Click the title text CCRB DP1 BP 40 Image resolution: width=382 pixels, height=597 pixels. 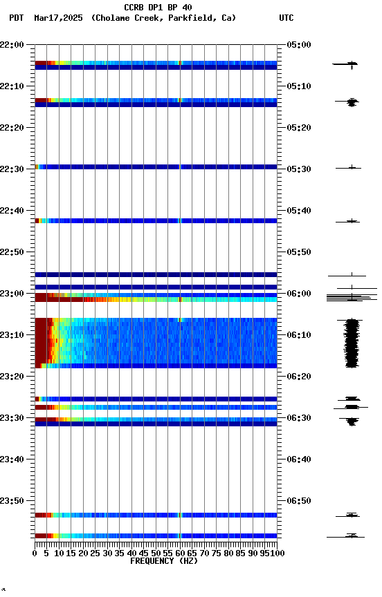tap(158, 8)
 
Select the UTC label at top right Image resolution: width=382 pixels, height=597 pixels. tap(286, 18)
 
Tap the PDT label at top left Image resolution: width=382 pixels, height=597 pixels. tap(17, 18)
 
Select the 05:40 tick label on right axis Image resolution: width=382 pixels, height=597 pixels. tap(299, 211)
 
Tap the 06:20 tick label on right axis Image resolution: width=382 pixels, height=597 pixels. tap(299, 377)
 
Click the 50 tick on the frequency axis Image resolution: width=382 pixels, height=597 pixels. tap(156, 553)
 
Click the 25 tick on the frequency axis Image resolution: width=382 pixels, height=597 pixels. tap(95, 553)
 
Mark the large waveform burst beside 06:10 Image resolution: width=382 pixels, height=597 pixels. tap(352, 343)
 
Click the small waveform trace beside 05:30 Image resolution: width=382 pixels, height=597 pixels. tap(352, 167)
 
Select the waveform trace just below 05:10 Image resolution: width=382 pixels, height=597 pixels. tap(352, 102)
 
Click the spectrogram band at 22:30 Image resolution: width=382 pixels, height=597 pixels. tap(156, 167)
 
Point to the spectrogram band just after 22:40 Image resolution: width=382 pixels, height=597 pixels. tap(156, 221)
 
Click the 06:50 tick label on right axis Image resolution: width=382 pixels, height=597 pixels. tap(299, 501)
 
